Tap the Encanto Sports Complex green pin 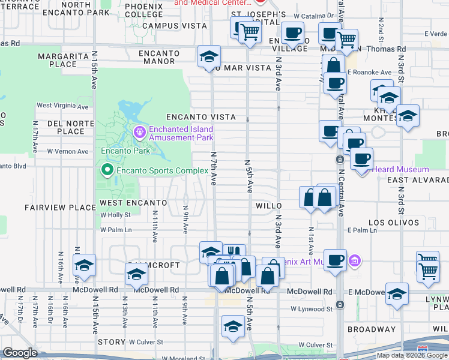pyautogui.click(x=107, y=171)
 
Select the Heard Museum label pyautogui.click(x=400, y=170)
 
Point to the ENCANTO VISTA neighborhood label pyautogui.click(x=200, y=117)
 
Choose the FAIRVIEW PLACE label pyautogui.click(x=60, y=208)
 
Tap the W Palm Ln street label pyautogui.click(x=116, y=229)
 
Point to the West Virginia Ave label pyautogui.click(x=62, y=106)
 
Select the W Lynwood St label pyautogui.click(x=312, y=309)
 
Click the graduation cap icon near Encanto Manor pyautogui.click(x=208, y=57)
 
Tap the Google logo pyautogui.click(x=20, y=353)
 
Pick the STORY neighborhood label pyautogui.click(x=111, y=342)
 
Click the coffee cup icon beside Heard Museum pyautogui.click(x=361, y=158)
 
